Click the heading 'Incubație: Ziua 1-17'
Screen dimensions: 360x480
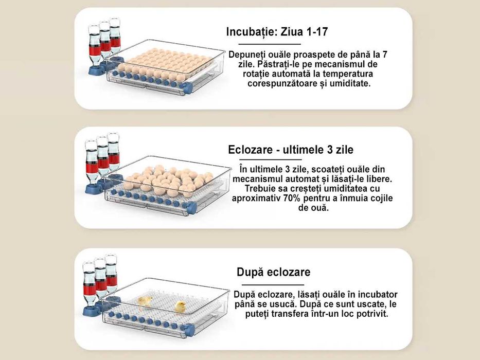click(277, 32)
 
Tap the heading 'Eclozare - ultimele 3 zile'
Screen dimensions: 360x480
click(291, 150)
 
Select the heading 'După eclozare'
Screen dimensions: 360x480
click(273, 272)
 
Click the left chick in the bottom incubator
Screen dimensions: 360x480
click(146, 301)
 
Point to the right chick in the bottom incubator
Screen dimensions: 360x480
click(180, 307)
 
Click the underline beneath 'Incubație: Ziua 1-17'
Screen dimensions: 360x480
click(263, 45)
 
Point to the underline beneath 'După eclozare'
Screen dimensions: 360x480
click(273, 284)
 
